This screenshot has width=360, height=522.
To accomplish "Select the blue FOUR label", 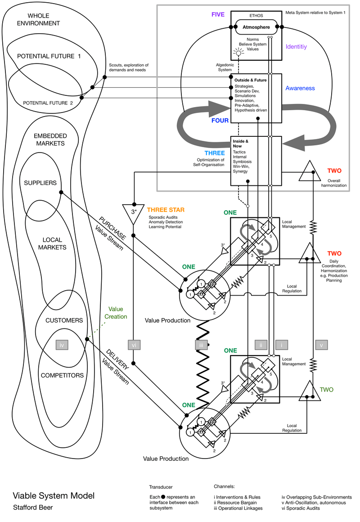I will pos(220,121).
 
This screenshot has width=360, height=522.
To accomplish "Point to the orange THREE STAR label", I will pos(166,210).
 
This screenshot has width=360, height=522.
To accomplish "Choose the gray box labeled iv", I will pos(63,345).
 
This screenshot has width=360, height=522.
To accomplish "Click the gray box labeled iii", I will pos(202,345).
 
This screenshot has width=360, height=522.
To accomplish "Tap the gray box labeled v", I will pos(321,345).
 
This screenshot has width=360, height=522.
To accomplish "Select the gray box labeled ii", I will pos(261,345).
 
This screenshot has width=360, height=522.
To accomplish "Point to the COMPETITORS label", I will pos(62,375).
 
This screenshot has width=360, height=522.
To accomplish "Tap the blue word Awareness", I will pos(300,88).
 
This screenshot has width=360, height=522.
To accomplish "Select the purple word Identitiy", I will pos(297,46).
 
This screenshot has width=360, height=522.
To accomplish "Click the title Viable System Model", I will pos(54,495).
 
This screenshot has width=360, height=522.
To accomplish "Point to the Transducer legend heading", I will pos(161,487).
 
